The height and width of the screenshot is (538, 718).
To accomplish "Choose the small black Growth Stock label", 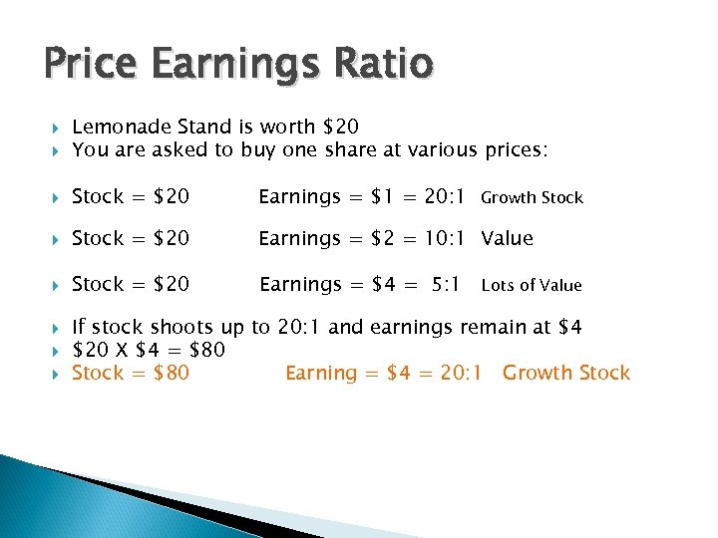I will point(532,198).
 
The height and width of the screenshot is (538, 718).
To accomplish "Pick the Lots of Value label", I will point(531,286).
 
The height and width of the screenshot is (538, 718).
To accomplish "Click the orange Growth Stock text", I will point(566,374).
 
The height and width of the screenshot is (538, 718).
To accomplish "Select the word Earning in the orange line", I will point(321,374).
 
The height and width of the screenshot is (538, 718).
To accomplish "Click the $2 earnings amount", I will point(383,238).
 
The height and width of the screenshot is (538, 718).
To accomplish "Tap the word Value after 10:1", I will point(508,238).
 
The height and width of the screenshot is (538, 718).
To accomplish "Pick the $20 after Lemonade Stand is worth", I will point(341,127).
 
